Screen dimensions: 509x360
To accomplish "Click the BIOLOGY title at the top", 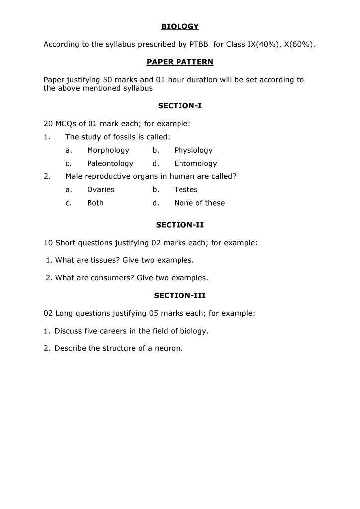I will [180, 26].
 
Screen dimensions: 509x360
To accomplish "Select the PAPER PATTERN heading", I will [180, 62].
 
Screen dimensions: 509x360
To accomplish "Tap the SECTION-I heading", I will [180, 106].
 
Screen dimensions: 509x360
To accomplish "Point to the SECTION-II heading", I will [180, 225].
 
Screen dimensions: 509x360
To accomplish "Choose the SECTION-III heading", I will [180, 295].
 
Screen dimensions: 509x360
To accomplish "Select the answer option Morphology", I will [108, 150].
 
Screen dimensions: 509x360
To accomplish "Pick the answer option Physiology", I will [193, 150].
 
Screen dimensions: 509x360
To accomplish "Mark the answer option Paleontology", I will [110, 164].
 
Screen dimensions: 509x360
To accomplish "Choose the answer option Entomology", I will [195, 164].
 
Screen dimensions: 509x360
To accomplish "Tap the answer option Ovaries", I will [100, 190].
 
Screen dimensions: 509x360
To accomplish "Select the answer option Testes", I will [185, 190].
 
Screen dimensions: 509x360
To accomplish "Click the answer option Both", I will [95, 203].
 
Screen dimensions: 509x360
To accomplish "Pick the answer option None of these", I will [199, 203].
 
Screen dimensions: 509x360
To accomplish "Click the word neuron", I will [169, 348].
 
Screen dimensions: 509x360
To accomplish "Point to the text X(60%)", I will [300, 44].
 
